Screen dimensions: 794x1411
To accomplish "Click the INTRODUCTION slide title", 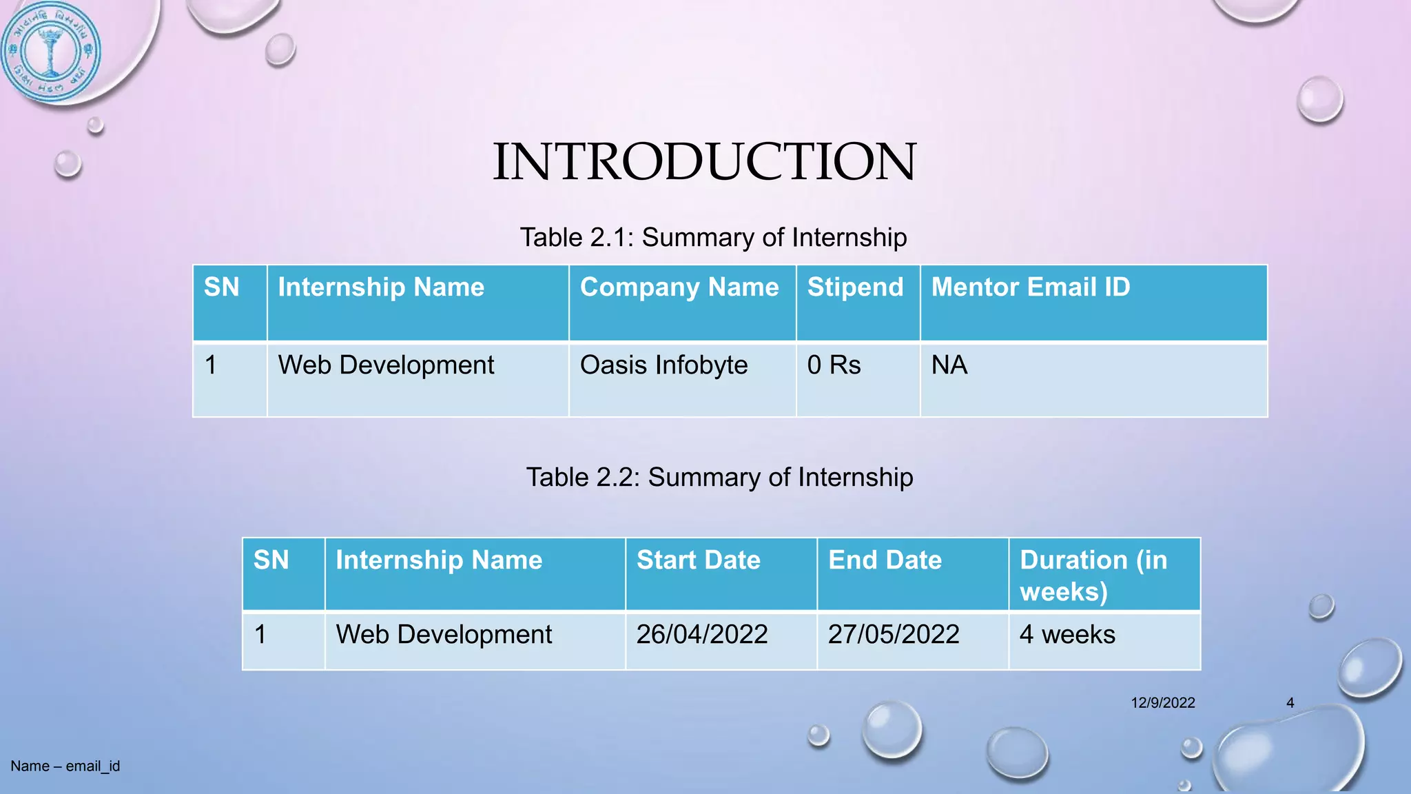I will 704,161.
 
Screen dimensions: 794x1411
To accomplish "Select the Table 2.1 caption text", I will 713,237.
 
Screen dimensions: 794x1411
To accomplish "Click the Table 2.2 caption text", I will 719,477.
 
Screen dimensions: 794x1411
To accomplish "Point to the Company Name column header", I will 679,287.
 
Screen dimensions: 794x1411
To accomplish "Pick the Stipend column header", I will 855,287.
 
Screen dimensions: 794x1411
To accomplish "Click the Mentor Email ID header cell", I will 1031,287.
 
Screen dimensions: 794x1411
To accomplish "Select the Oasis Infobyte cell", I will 663,365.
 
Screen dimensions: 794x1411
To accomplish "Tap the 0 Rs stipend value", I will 834,365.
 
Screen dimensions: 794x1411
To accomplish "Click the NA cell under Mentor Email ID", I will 949,365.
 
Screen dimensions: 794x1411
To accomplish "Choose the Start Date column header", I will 698,560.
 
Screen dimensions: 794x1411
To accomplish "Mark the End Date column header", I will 885,560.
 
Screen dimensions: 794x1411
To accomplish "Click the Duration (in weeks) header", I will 1093,575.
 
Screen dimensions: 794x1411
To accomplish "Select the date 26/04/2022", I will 702,634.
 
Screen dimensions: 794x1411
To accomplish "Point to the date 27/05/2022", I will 894,634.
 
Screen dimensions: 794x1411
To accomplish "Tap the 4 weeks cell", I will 1067,634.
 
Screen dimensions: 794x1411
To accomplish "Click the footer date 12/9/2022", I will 1163,703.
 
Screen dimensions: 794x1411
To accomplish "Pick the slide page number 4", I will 1290,703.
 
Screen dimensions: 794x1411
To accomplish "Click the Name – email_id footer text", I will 65,766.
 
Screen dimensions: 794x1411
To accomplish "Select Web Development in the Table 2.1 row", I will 386,365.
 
